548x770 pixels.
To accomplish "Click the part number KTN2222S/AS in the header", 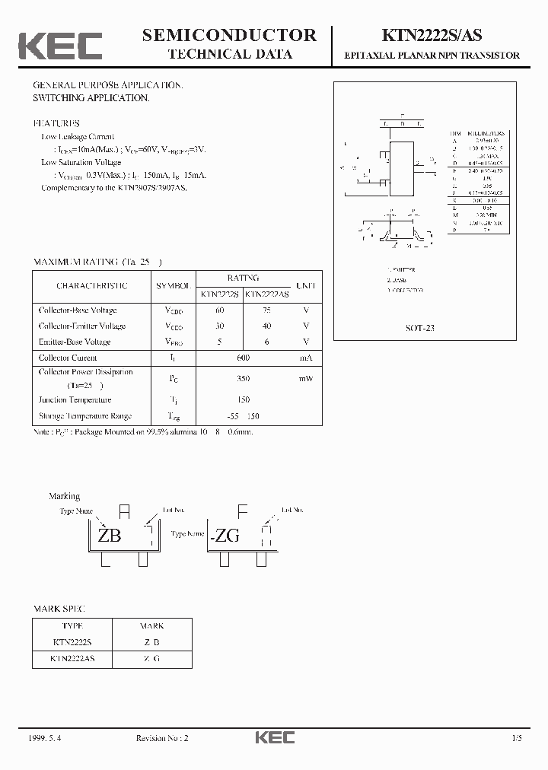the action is point(438,36).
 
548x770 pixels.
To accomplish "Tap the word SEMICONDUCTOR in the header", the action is point(229,35).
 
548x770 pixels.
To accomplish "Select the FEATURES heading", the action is point(56,123).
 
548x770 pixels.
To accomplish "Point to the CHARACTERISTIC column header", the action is point(92,286).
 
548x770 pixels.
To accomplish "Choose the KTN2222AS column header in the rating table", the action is point(266,294).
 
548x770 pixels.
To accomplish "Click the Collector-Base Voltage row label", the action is point(78,310).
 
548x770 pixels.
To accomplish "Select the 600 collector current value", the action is point(243,358).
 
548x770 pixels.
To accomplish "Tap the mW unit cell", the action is point(305,378).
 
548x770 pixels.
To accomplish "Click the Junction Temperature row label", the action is point(75,400).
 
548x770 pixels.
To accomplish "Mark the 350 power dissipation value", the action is point(243,378).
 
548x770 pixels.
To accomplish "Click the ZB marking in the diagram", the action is point(110,536).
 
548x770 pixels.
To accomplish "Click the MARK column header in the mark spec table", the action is point(152,626).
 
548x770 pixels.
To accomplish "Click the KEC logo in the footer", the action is point(273,738).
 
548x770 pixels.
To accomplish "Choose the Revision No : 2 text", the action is point(162,738).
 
